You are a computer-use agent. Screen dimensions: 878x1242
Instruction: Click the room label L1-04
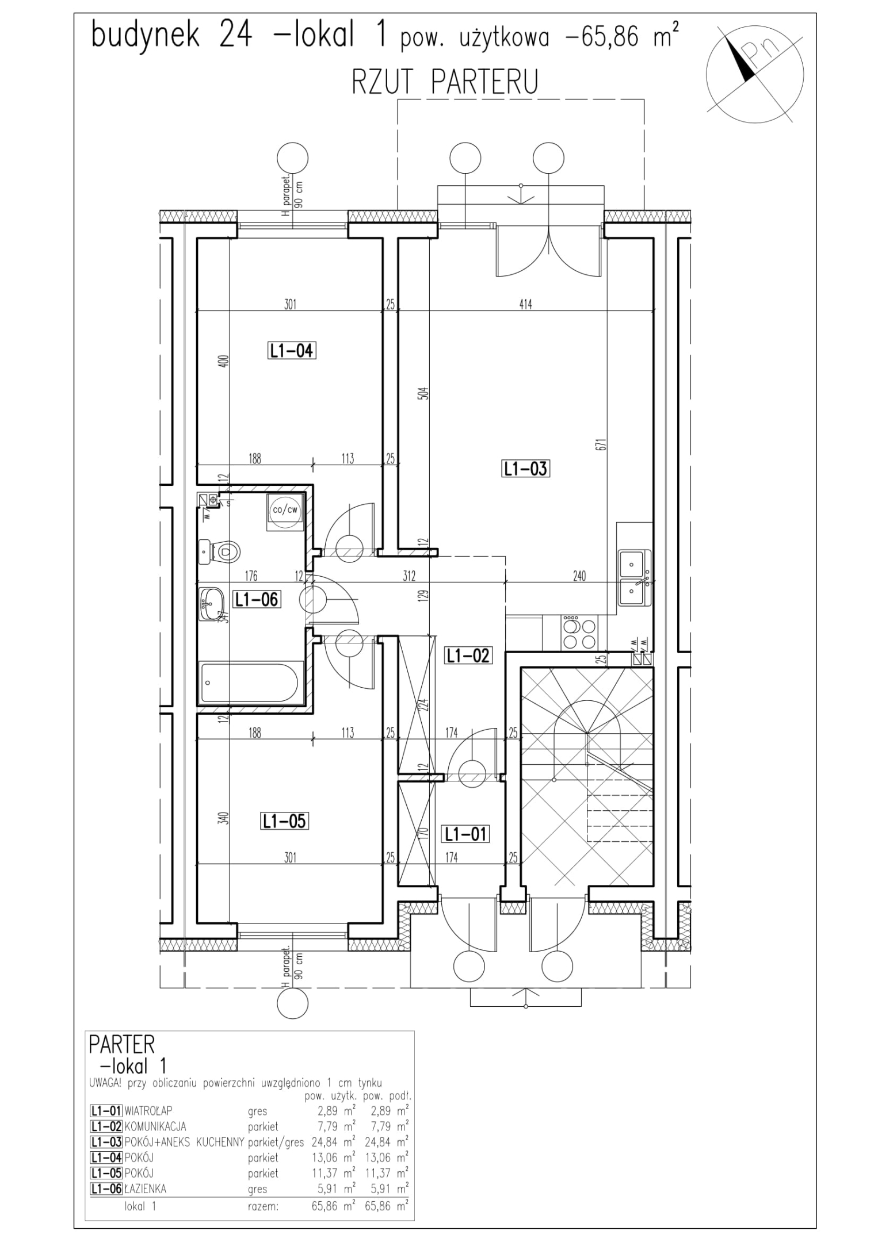point(292,351)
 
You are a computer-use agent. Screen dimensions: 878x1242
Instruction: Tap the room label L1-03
point(525,469)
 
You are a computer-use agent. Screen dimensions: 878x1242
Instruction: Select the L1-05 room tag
point(284,821)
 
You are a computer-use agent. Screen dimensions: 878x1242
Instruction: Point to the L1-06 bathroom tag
point(256,600)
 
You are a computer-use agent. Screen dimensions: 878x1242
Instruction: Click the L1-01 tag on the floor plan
point(465,834)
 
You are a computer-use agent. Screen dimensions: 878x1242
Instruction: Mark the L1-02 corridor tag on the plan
point(468,655)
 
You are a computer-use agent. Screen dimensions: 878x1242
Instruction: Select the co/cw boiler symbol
point(285,511)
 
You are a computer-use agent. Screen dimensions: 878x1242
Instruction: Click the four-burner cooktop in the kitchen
point(579,634)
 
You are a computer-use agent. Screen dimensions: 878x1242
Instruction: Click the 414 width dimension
point(525,304)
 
